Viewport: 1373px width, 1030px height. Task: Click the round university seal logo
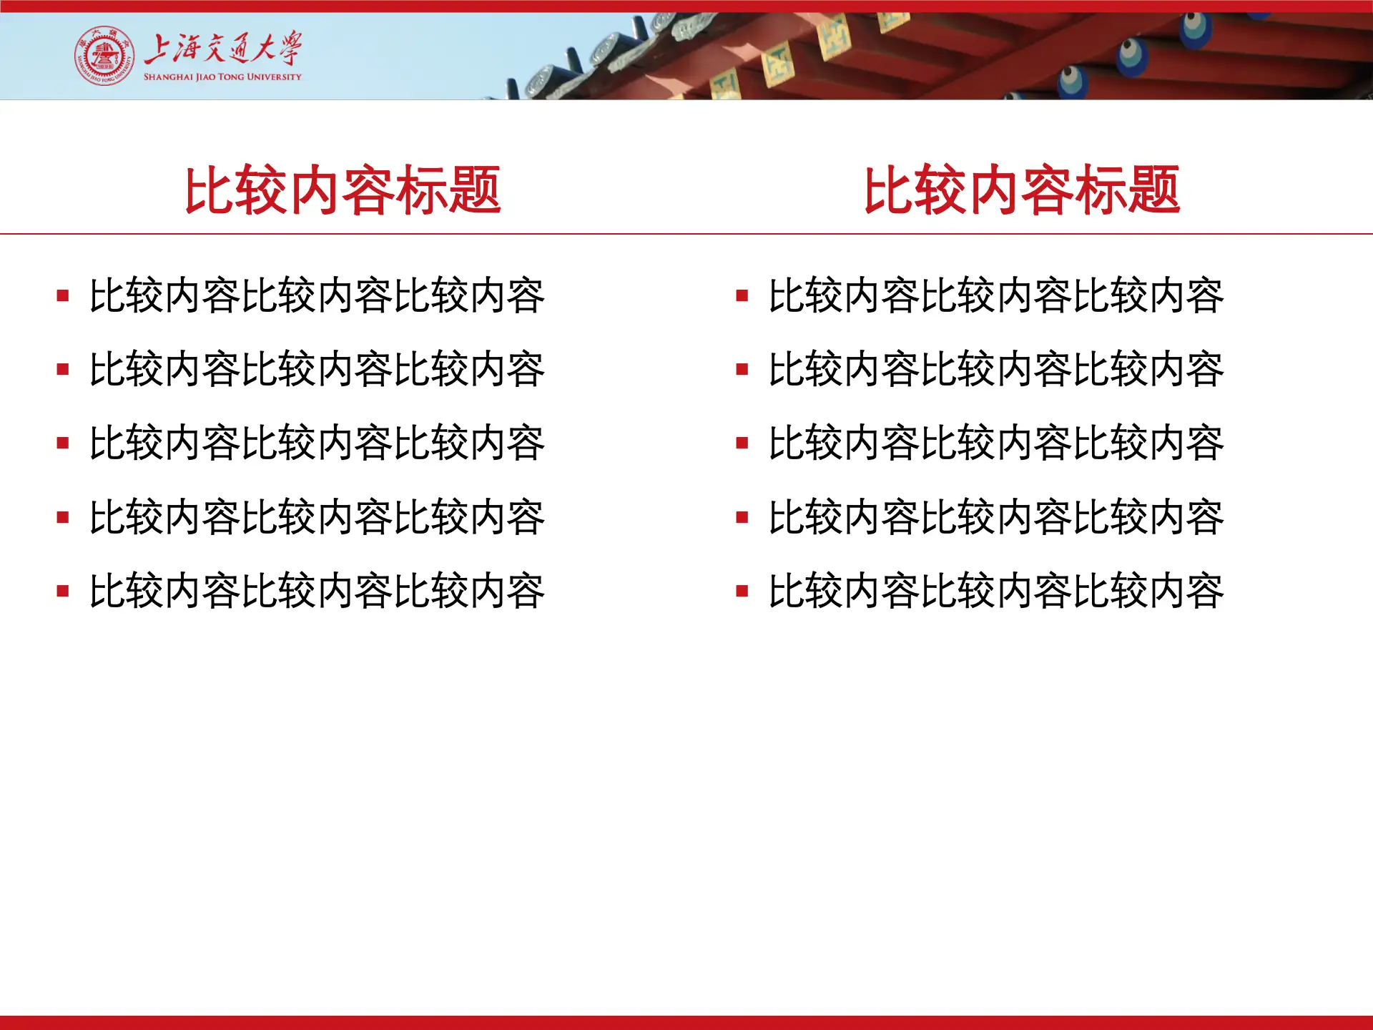click(x=104, y=56)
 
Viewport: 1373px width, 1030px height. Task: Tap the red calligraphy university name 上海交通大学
click(x=223, y=49)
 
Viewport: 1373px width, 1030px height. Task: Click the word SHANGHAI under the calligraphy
click(x=169, y=77)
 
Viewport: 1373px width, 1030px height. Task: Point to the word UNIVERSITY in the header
click(x=274, y=77)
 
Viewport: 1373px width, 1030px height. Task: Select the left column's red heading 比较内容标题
click(x=343, y=190)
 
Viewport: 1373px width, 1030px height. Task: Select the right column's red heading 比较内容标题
click(x=1022, y=190)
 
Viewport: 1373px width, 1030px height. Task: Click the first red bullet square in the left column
click(x=63, y=295)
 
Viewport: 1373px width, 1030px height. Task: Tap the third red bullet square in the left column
click(x=63, y=443)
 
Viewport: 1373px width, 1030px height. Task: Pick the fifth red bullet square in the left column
click(x=63, y=591)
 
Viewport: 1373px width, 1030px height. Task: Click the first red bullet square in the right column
click(x=742, y=295)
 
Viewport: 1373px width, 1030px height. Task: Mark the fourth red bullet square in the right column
click(x=742, y=517)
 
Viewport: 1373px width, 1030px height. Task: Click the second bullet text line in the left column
click(x=317, y=370)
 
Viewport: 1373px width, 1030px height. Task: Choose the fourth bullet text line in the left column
click(x=317, y=517)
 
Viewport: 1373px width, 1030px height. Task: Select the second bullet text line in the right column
click(x=996, y=370)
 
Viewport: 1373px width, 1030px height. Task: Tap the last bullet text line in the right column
click(x=996, y=591)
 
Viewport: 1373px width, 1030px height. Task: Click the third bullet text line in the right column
click(x=996, y=443)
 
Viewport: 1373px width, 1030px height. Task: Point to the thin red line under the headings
click(x=686, y=234)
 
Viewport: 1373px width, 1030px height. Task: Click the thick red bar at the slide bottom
click(x=686, y=1023)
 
